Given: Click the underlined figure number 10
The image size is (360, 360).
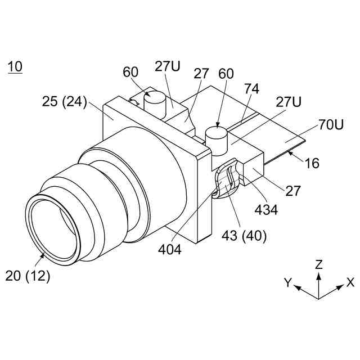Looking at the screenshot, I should click(15, 67).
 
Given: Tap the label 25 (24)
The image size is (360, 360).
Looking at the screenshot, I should click(64, 102).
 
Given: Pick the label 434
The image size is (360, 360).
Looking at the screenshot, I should click(266, 210).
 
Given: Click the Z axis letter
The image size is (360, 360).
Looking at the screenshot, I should click(319, 264).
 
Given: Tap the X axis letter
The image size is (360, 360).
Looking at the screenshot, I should click(350, 282).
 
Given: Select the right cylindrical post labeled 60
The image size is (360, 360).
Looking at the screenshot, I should click(215, 137).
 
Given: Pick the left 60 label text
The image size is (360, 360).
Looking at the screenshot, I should click(131, 72).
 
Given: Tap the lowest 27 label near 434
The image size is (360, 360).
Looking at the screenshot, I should click(292, 191).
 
